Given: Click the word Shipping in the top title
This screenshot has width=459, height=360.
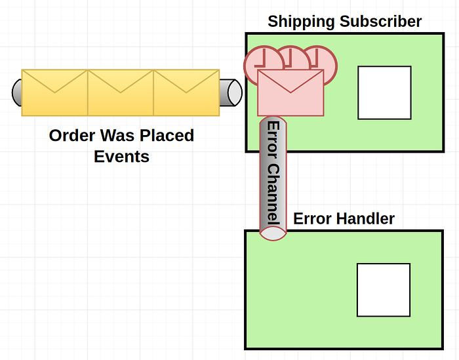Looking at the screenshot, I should (x=300, y=22).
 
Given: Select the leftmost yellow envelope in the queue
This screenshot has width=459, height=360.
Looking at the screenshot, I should (x=54, y=92).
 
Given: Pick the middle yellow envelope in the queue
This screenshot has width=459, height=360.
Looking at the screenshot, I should (x=121, y=92).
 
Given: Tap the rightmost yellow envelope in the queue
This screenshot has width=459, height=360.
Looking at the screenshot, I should (x=186, y=92).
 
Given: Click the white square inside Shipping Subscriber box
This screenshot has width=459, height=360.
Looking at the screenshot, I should (x=384, y=92).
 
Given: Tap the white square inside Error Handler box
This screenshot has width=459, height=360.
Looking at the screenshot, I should (x=384, y=290).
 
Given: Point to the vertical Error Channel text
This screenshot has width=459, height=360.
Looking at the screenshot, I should (x=273, y=173).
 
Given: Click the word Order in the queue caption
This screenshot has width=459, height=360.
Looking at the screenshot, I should (x=71, y=136).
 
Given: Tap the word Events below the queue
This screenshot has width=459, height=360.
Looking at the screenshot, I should (x=121, y=157).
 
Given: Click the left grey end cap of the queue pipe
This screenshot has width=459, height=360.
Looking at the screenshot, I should (x=17, y=92).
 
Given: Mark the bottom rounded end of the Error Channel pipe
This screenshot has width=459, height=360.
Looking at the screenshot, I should (x=273, y=233).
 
